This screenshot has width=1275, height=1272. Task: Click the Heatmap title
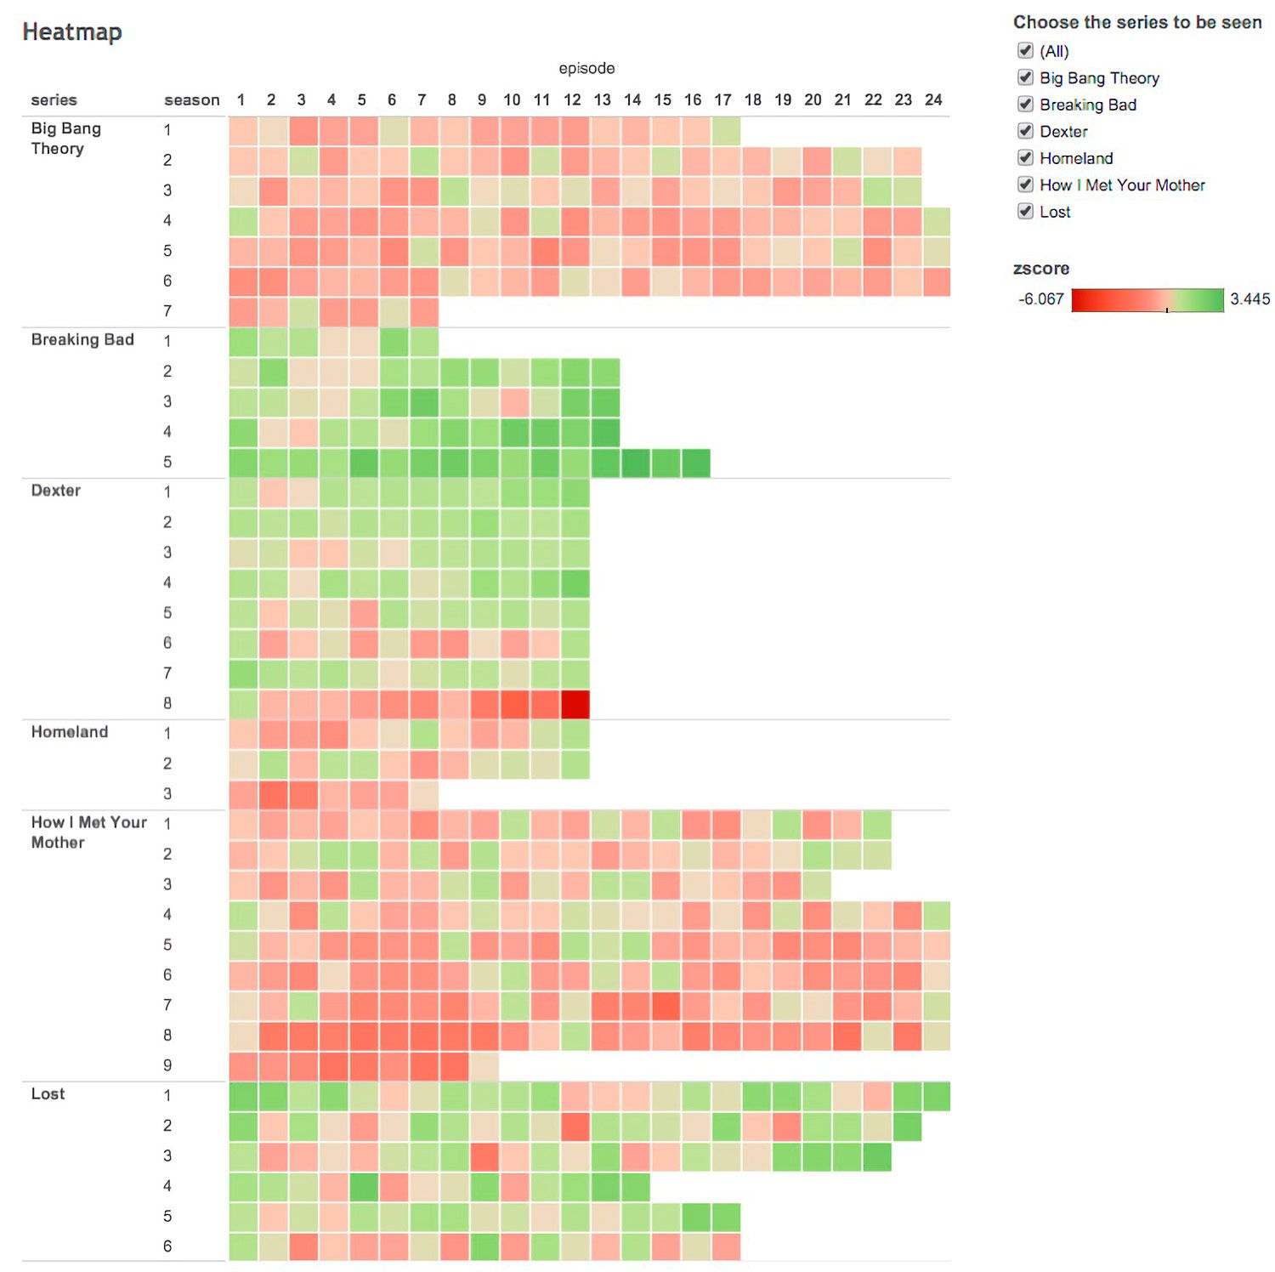72,32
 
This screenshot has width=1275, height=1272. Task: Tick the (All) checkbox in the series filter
1025,51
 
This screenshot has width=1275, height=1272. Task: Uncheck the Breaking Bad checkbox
1025,105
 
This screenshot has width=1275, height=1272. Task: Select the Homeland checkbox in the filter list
1025,158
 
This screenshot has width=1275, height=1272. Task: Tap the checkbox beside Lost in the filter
1025,212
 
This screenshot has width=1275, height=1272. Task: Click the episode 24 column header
933,100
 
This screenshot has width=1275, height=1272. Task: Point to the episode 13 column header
602,100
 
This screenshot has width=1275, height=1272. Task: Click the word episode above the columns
586,68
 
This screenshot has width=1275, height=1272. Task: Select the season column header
191,100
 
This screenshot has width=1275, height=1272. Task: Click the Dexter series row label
56,491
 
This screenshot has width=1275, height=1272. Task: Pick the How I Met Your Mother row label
88,832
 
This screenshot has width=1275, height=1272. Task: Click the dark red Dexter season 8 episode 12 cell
575,704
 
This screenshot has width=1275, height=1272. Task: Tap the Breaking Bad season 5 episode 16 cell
695,463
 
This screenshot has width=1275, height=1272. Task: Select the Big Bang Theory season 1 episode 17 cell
725,130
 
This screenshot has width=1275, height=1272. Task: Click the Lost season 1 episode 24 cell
936,1096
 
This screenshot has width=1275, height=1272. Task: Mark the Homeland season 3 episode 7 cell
423,794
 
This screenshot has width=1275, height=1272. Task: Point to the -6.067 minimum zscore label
1040,299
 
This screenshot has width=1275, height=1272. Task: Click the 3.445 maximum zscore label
1249,299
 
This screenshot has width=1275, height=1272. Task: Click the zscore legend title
1040,269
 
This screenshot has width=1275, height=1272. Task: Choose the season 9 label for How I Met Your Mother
167,1065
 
